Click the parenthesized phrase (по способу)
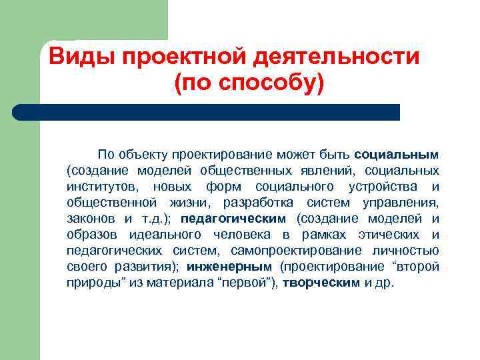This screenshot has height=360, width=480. pos(248,85)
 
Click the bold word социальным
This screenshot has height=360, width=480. pos(397,154)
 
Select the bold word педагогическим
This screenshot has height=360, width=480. pos(233,218)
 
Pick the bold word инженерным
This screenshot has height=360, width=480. pos(219,266)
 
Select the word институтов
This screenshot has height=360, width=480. pos(100,186)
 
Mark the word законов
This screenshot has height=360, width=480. pos(91,218)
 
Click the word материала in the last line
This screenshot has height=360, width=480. pos(184,282)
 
